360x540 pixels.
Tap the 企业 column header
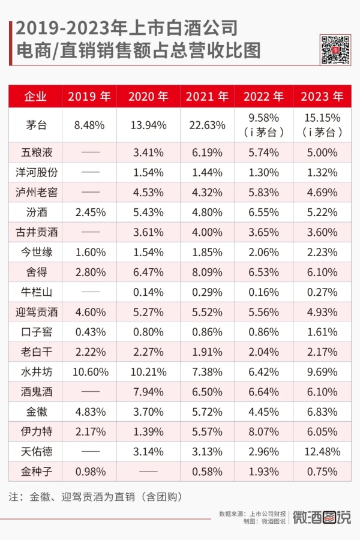(x=35, y=97)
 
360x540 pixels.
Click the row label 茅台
(x=35, y=125)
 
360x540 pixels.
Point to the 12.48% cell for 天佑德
(x=322, y=451)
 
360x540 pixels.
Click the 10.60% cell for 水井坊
(x=89, y=371)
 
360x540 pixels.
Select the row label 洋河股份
(x=35, y=172)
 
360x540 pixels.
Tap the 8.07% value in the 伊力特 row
(x=265, y=431)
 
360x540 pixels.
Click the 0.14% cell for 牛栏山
(x=148, y=292)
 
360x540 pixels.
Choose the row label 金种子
(x=35, y=471)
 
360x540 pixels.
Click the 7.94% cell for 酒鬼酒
(x=148, y=391)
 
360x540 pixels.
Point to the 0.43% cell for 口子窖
(x=89, y=332)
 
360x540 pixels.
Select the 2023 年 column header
(x=322, y=97)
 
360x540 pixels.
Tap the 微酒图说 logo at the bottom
(x=322, y=517)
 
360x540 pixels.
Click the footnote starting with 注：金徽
(x=96, y=497)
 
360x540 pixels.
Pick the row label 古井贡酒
(x=35, y=232)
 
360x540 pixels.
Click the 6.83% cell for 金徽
(x=322, y=412)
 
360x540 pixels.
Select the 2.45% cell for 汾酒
(x=89, y=212)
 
